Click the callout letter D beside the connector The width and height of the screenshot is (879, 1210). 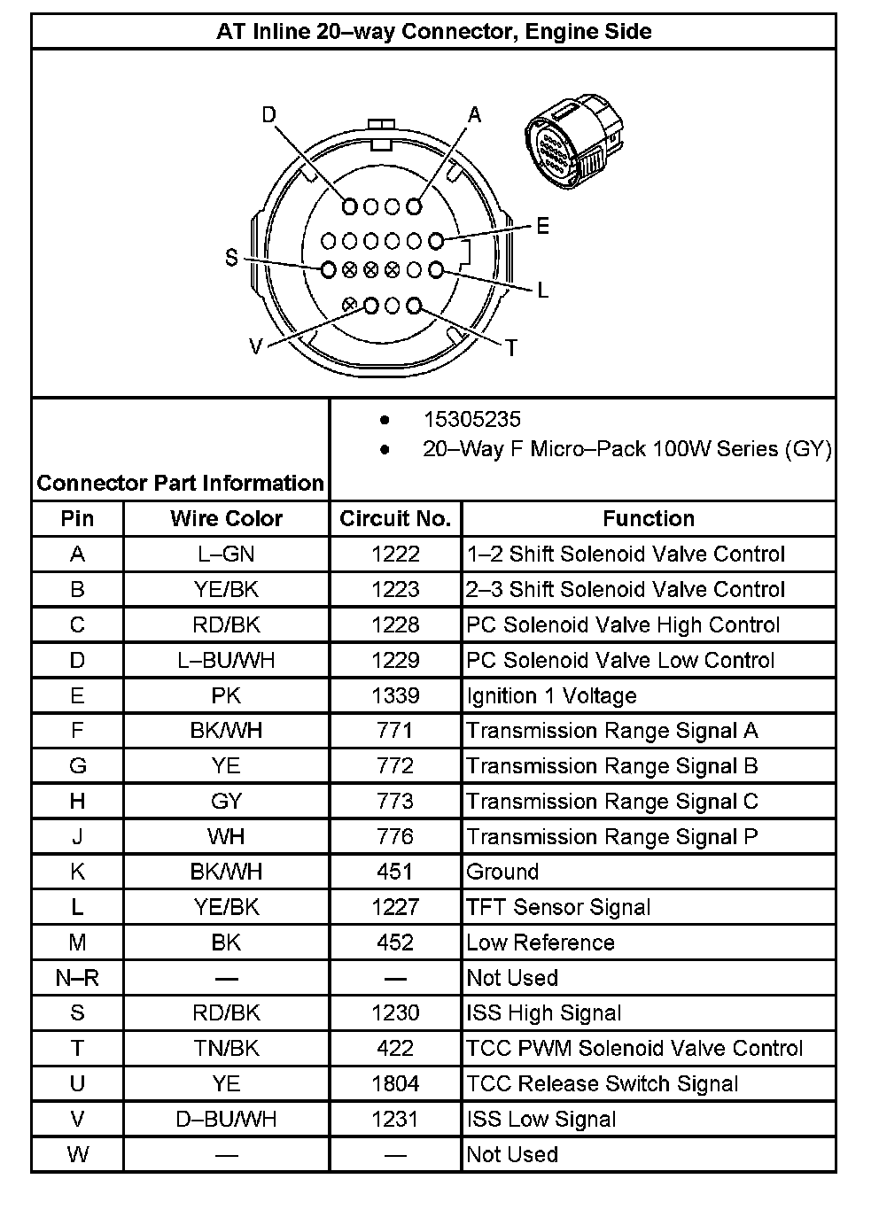tap(269, 115)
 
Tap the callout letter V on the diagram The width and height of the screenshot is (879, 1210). tap(256, 347)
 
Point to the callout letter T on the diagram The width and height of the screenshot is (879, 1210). tap(510, 348)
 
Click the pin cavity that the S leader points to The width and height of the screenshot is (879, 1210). tap(328, 269)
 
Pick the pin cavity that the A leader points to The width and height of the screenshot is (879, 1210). tap(414, 206)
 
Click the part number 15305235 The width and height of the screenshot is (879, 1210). tap(471, 420)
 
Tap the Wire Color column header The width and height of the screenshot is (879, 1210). tap(226, 519)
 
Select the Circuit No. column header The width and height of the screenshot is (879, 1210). tap(395, 519)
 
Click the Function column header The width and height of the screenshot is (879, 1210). tap(649, 519)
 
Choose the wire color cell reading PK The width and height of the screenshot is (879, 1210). tap(226, 695)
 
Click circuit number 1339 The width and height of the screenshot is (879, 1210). tap(395, 695)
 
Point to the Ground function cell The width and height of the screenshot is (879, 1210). tap(502, 872)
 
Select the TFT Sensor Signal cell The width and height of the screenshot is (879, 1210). tap(558, 907)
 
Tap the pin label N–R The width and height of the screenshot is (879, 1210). tap(77, 978)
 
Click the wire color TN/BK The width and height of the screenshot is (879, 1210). tap(226, 1049)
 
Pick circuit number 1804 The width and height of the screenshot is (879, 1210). tap(395, 1084)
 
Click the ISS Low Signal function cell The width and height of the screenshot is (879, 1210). tap(541, 1120)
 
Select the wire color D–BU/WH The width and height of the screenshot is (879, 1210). tap(226, 1120)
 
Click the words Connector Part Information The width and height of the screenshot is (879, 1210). tap(181, 484)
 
